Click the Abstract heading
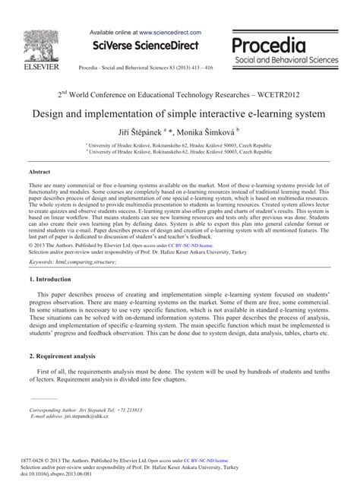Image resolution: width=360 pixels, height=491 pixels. (41, 173)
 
